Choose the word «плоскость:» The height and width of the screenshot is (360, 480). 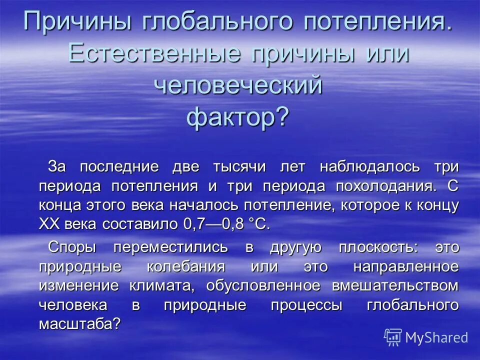coord(377,246)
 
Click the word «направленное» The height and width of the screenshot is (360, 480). coord(405,266)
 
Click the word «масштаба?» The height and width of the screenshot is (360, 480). coord(80,324)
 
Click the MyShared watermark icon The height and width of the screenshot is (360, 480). coord(393,336)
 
